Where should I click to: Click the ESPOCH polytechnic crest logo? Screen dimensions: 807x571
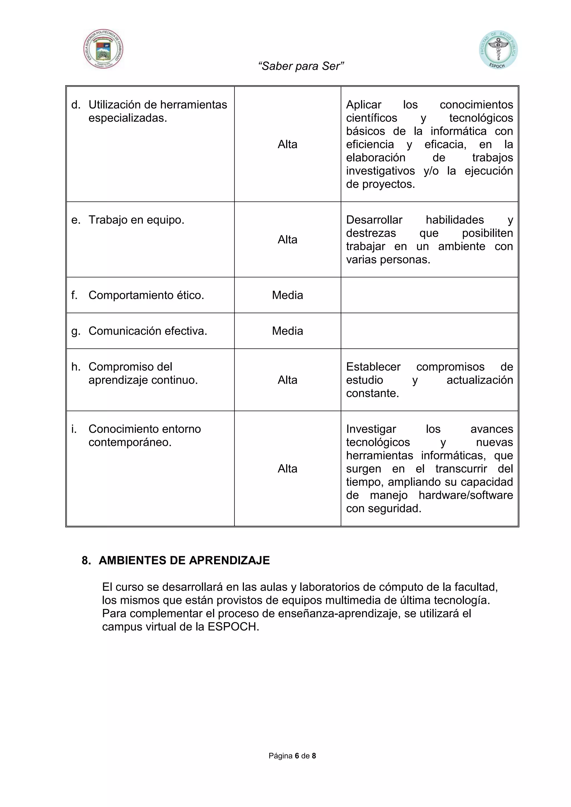pyautogui.click(x=103, y=49)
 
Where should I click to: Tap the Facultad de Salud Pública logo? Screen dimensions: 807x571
pyautogui.click(x=498, y=50)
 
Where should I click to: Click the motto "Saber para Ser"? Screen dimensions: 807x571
pyautogui.click(x=301, y=66)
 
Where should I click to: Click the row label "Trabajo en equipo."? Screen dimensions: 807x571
pyautogui.click(x=136, y=220)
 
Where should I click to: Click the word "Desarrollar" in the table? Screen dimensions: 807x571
pyautogui.click(x=374, y=220)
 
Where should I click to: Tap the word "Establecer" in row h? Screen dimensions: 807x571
pyautogui.click(x=373, y=367)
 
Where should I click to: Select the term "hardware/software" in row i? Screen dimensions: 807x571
pyautogui.click(x=466, y=495)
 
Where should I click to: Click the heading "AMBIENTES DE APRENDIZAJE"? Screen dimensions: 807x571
pyautogui.click(x=184, y=560)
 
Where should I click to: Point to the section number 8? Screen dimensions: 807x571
pyautogui.click(x=85, y=560)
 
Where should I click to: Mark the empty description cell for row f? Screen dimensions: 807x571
pyautogui.click(x=429, y=295)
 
